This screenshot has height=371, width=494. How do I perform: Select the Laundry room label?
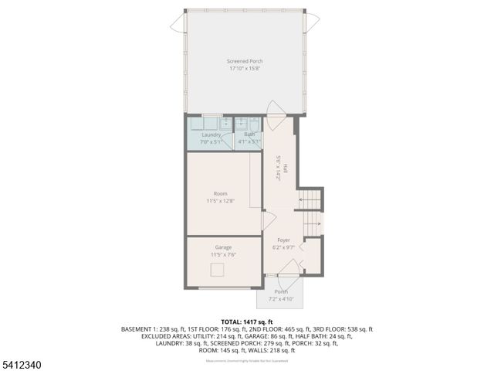point(211,134)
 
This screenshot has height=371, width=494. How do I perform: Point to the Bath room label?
point(249,134)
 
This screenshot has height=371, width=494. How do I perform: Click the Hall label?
point(285,168)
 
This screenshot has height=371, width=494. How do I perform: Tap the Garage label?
point(223,247)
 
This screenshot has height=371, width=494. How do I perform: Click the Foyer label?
point(284,240)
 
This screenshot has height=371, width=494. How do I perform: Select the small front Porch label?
point(281,291)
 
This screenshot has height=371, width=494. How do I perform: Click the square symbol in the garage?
point(218,269)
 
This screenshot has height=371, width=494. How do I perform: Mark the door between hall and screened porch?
point(276,110)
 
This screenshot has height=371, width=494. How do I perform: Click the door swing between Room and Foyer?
point(269,221)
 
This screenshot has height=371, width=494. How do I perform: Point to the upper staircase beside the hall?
point(310,200)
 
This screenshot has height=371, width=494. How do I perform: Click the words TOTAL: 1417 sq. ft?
point(247,322)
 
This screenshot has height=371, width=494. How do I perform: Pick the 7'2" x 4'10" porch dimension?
point(281,298)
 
